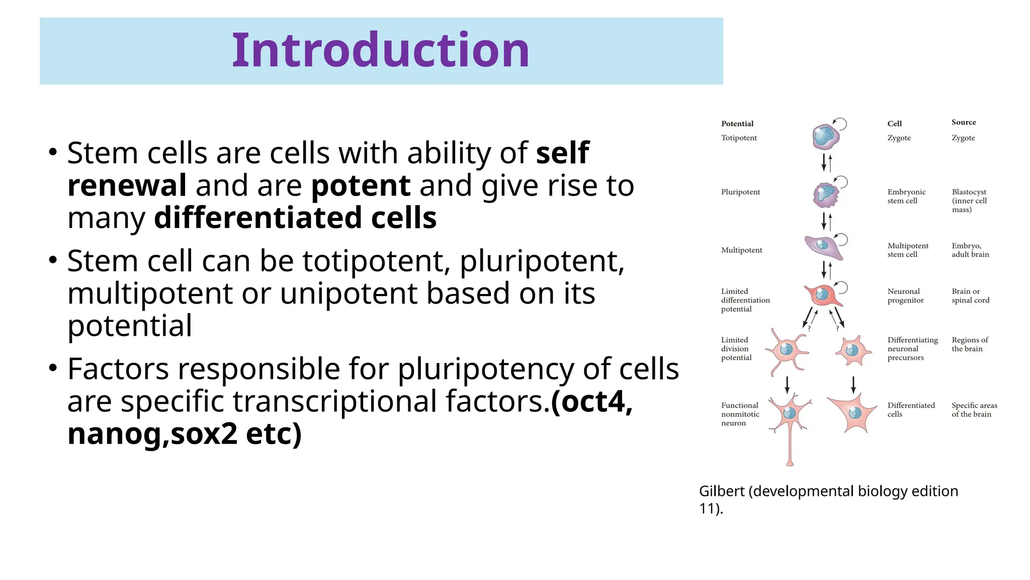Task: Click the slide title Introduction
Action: pyautogui.click(x=380, y=50)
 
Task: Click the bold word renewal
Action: pyautogui.click(x=127, y=185)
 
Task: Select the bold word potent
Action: pyautogui.click(x=361, y=185)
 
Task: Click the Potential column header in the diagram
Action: pyautogui.click(x=737, y=124)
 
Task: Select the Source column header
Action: pyautogui.click(x=963, y=122)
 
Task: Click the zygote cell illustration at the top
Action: pyautogui.click(x=825, y=137)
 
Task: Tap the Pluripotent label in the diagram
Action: pyautogui.click(x=740, y=192)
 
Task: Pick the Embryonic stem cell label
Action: pyautogui.click(x=906, y=196)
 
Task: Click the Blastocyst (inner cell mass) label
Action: pyautogui.click(x=969, y=200)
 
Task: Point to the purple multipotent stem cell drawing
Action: pyautogui.click(x=823, y=246)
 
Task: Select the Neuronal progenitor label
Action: pyautogui.click(x=905, y=296)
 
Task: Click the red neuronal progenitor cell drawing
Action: pyautogui.click(x=823, y=295)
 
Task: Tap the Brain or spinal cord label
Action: pyautogui.click(x=970, y=296)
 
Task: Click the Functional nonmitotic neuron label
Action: pyautogui.click(x=740, y=414)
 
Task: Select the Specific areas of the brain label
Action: pyautogui.click(x=974, y=410)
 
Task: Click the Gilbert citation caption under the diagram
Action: pyautogui.click(x=828, y=499)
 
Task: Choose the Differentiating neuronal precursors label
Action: pyautogui.click(x=912, y=349)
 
